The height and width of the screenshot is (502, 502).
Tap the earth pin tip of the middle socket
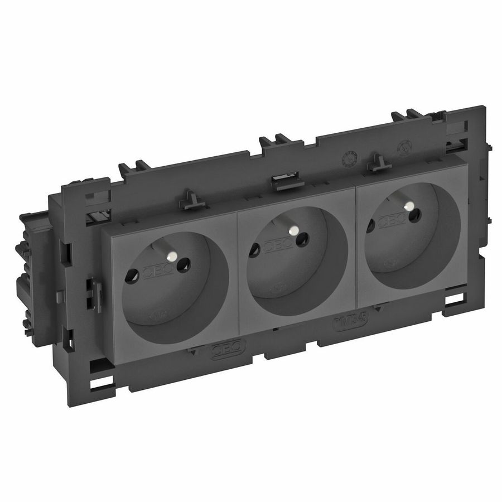click(x=291, y=229)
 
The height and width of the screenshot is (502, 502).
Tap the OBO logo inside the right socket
click(x=392, y=221)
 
